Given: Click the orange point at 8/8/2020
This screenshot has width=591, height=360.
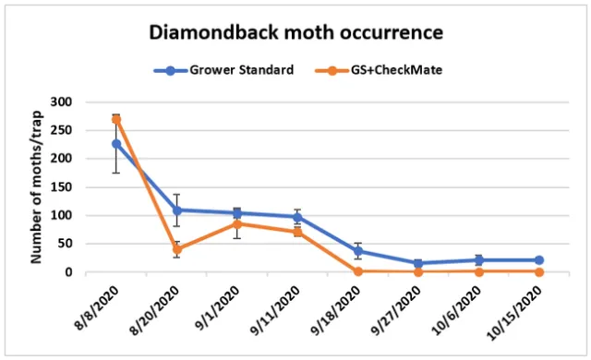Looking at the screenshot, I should pos(116,119).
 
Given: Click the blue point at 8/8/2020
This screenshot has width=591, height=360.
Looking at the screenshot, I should pos(116,144).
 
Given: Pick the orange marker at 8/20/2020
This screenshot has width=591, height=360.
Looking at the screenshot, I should pos(176,249).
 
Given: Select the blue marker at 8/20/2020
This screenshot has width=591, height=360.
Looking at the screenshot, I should pos(176,210).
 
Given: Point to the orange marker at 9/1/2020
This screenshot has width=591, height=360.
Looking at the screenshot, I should pos(237,224).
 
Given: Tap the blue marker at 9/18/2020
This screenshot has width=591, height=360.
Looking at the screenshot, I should pos(357,251).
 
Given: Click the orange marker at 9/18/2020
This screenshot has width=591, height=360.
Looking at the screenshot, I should pos(357,271).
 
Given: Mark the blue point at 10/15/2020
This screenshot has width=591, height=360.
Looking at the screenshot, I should pos(538,260).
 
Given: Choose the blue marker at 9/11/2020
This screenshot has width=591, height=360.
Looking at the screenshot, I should pos(297,217).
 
